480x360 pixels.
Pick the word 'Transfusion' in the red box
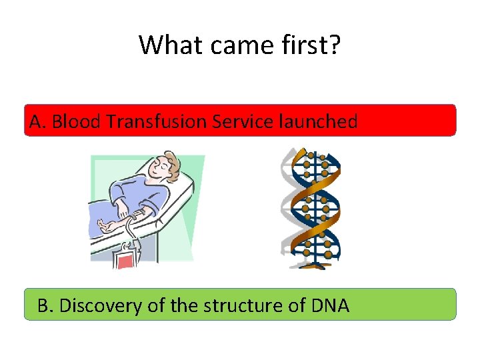tap(149, 122)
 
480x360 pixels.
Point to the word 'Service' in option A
tap(235, 122)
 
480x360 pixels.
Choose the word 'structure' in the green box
tap(239, 306)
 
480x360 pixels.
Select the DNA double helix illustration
tap(310, 208)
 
